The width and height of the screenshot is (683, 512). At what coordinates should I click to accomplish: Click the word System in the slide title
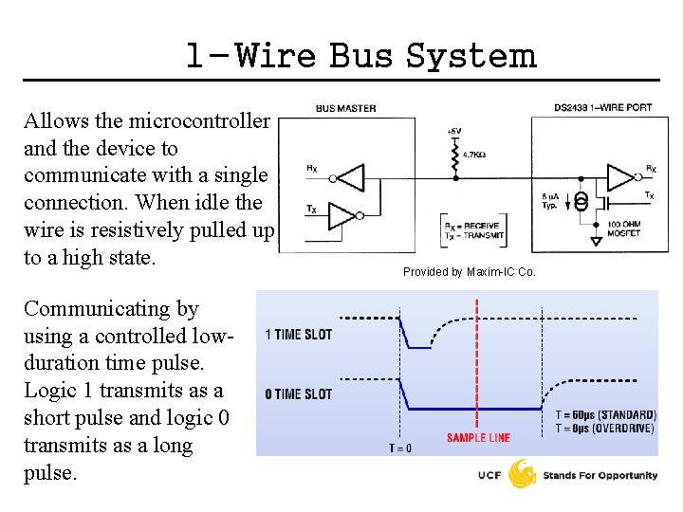point(471,56)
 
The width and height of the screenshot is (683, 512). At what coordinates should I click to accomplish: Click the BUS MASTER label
point(345,108)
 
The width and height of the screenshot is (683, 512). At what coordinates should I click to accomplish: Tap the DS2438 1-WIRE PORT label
point(603,108)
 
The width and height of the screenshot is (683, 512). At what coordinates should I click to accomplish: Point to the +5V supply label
point(455,130)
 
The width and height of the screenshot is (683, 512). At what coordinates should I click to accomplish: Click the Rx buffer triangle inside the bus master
point(350,177)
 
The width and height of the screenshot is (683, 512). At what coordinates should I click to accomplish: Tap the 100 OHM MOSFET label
point(625,229)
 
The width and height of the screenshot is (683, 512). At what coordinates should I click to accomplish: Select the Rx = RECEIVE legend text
point(474,226)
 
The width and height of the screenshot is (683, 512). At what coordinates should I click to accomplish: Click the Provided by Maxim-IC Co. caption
point(470,272)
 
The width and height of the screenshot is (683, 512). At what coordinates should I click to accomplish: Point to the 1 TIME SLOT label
point(298,334)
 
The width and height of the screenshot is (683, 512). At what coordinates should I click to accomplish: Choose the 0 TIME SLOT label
point(298,393)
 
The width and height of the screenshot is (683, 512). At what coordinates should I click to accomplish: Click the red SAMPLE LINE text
point(478,437)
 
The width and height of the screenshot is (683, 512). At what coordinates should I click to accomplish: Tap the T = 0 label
point(399,448)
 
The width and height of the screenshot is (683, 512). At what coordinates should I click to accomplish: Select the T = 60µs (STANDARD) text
point(605,415)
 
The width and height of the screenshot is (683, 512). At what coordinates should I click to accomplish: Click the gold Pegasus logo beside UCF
point(523,474)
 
